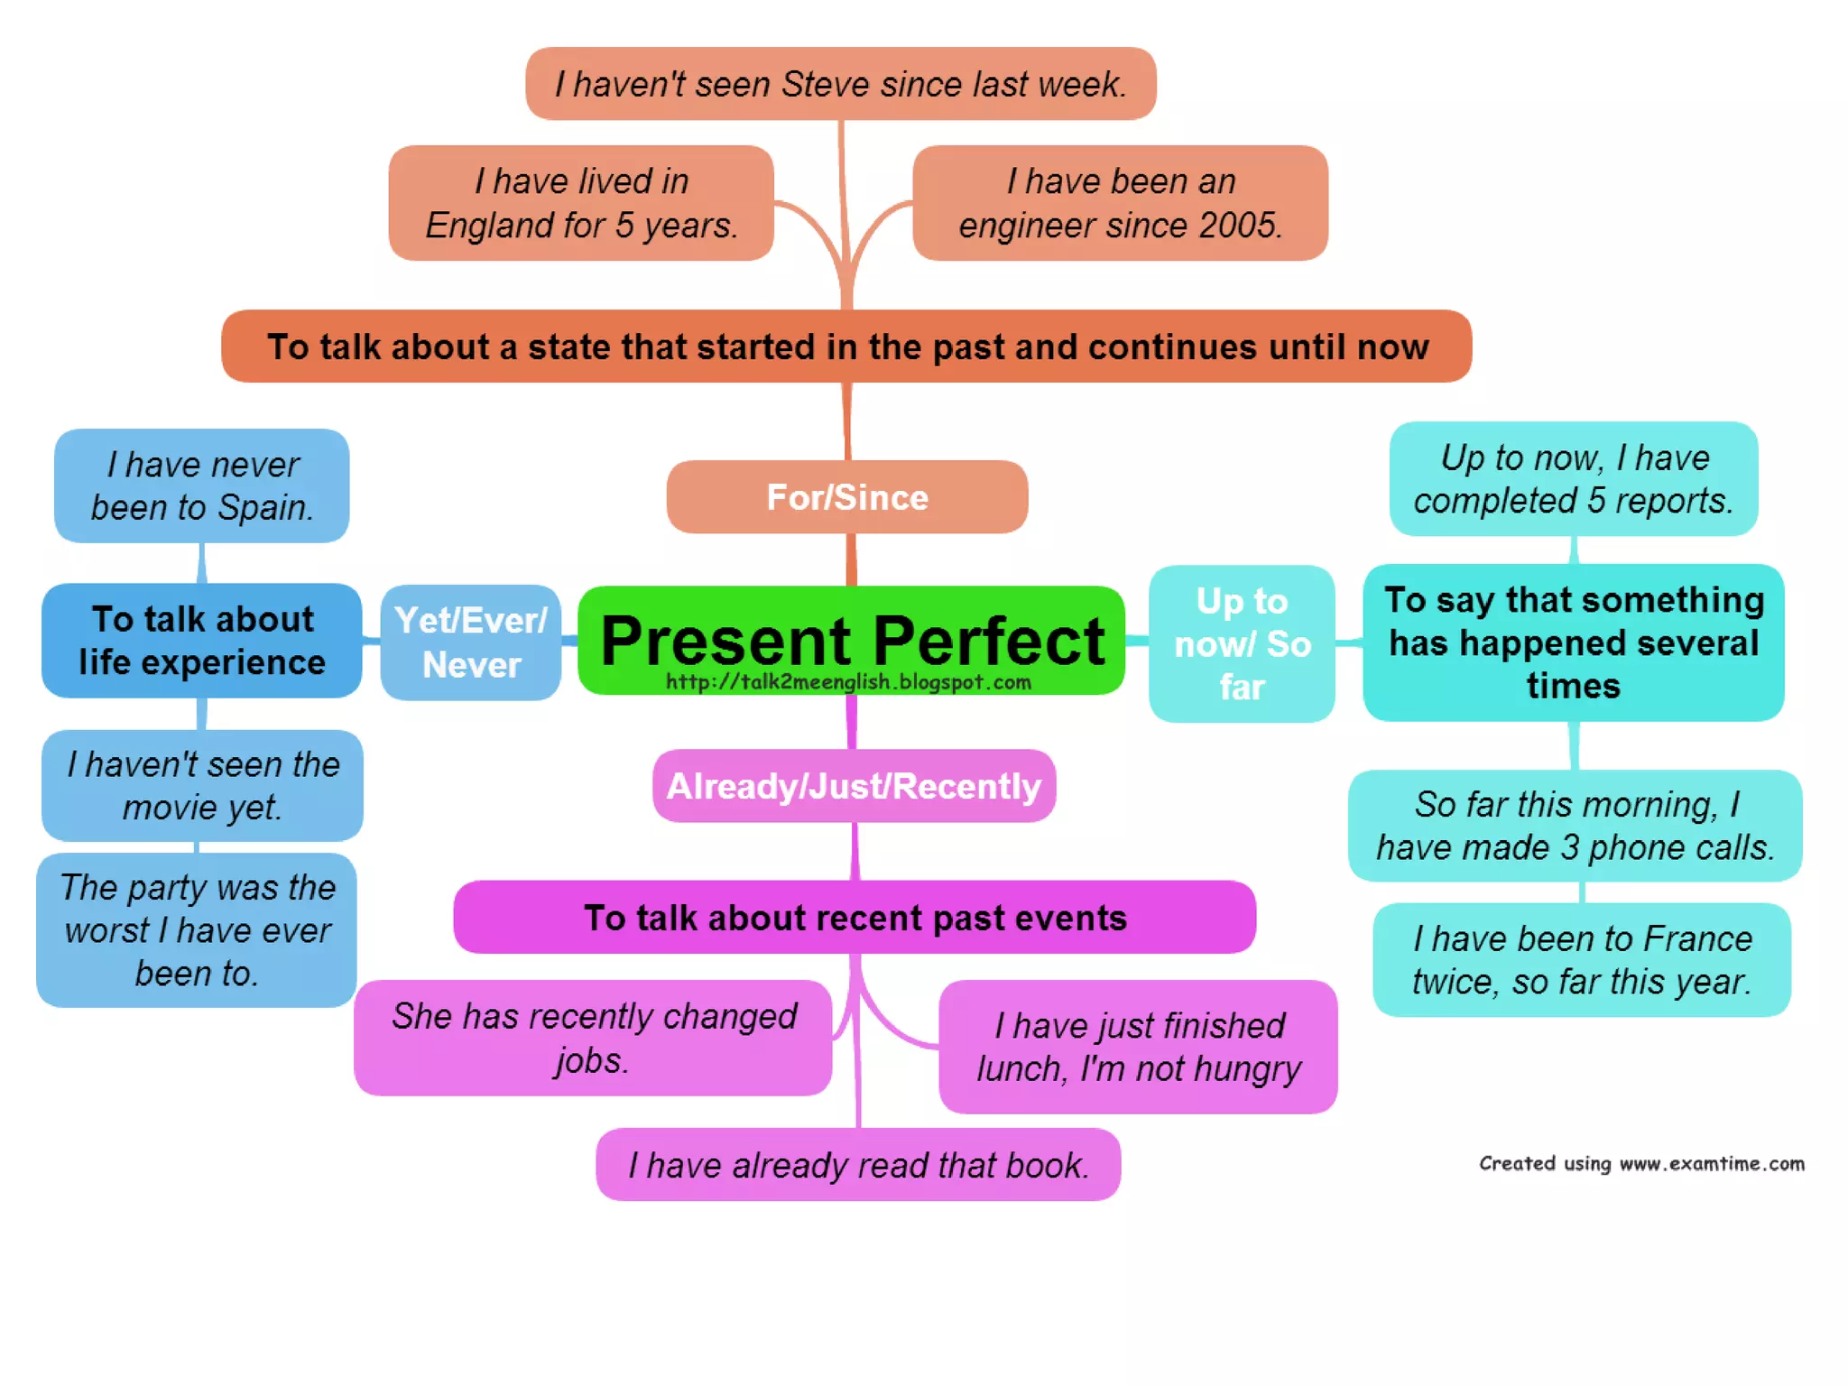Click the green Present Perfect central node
coord(851,640)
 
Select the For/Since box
coord(846,497)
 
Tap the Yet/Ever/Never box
coord(470,642)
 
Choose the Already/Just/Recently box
coord(854,786)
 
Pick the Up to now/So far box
coord(1241,643)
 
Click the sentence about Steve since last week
coord(840,84)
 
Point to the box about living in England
coord(581,203)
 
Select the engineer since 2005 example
coord(1120,203)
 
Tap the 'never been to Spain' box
coord(202,485)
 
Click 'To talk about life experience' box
coord(202,641)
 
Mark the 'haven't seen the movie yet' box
coord(202,785)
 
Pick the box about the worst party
coord(197,930)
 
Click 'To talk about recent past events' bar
coord(855,918)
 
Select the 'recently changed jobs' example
coord(593,1038)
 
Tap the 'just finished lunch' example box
coord(1138,1047)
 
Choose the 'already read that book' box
coord(858,1165)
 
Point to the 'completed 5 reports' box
coord(1573,479)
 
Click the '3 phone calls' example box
coord(1575,826)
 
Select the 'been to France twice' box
coord(1581,960)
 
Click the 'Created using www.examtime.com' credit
coord(1641,1163)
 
